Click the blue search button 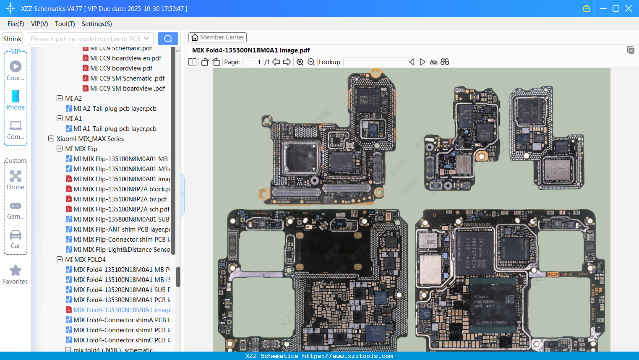(168, 39)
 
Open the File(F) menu (16, 24)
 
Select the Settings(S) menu (97, 24)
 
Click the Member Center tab (217, 37)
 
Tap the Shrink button (12, 39)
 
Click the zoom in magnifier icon (300, 62)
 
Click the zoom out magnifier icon (311, 62)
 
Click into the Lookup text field (374, 62)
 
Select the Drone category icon (16, 177)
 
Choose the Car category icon (16, 235)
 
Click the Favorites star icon (16, 271)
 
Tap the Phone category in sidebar (16, 100)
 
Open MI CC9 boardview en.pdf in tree (125, 58)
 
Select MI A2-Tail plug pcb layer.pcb (115, 109)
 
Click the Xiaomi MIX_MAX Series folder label (90, 139)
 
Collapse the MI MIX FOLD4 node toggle (60, 260)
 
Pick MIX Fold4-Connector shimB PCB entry (122, 330)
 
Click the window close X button (629, 8)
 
